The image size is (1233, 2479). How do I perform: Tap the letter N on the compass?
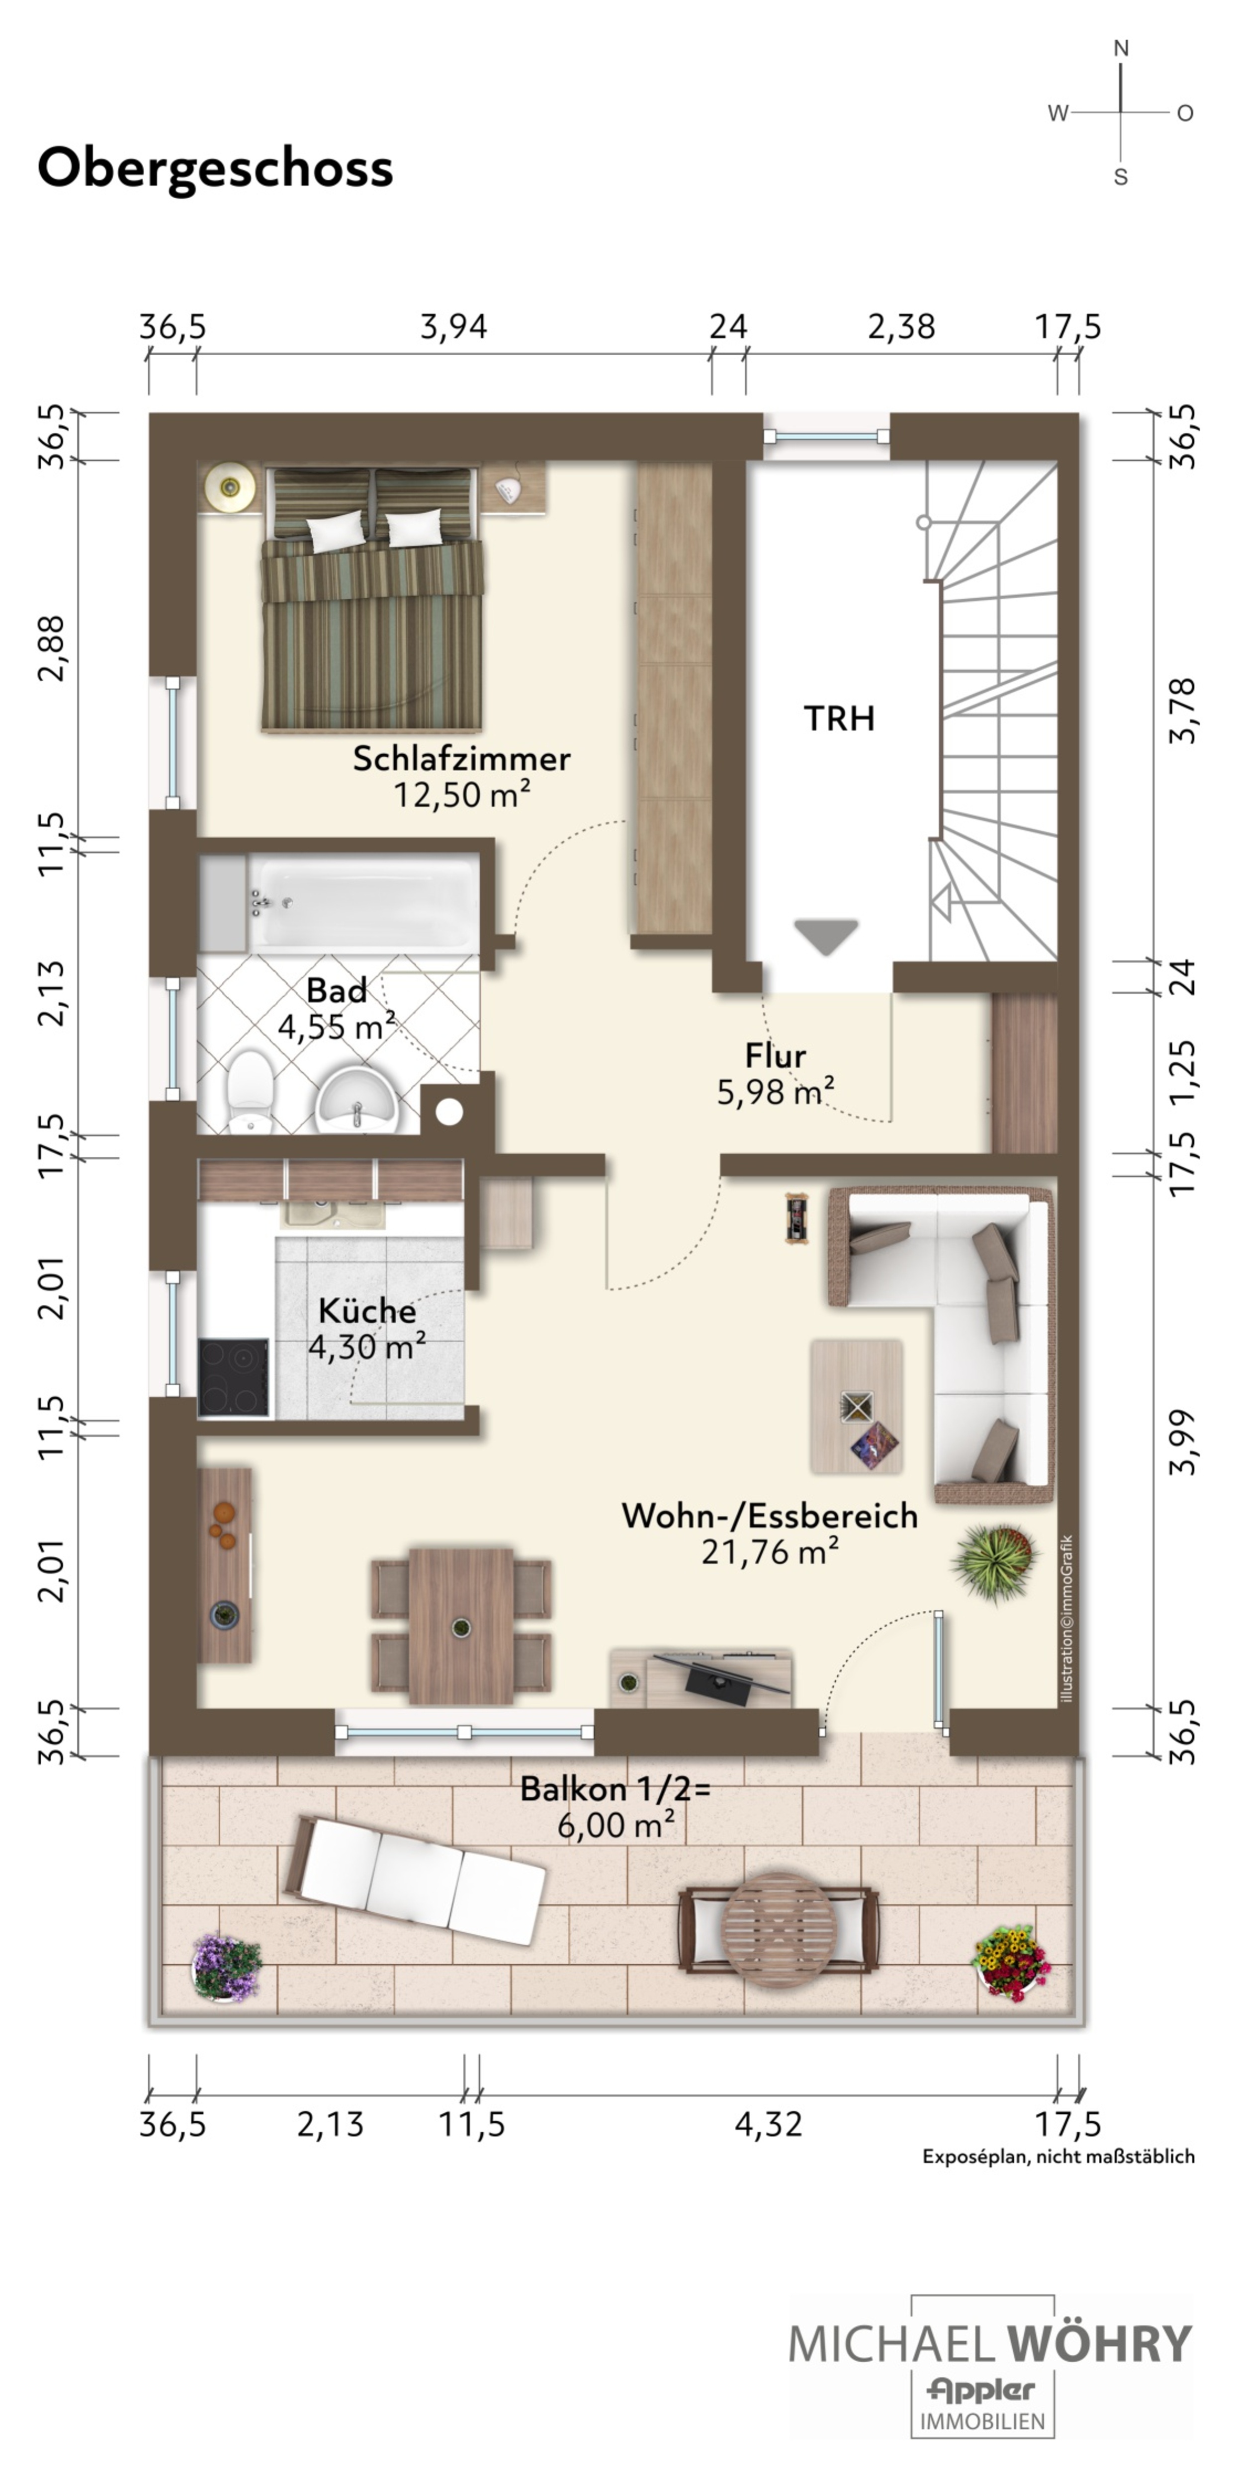coord(1120,48)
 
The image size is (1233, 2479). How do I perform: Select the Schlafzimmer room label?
coord(461,758)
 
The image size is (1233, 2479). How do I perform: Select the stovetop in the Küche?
coord(234,1377)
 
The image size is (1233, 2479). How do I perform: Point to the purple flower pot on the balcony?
coord(227,1968)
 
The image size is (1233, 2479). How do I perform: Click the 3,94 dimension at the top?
coord(453,327)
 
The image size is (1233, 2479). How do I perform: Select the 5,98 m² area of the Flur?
coord(775,1091)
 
